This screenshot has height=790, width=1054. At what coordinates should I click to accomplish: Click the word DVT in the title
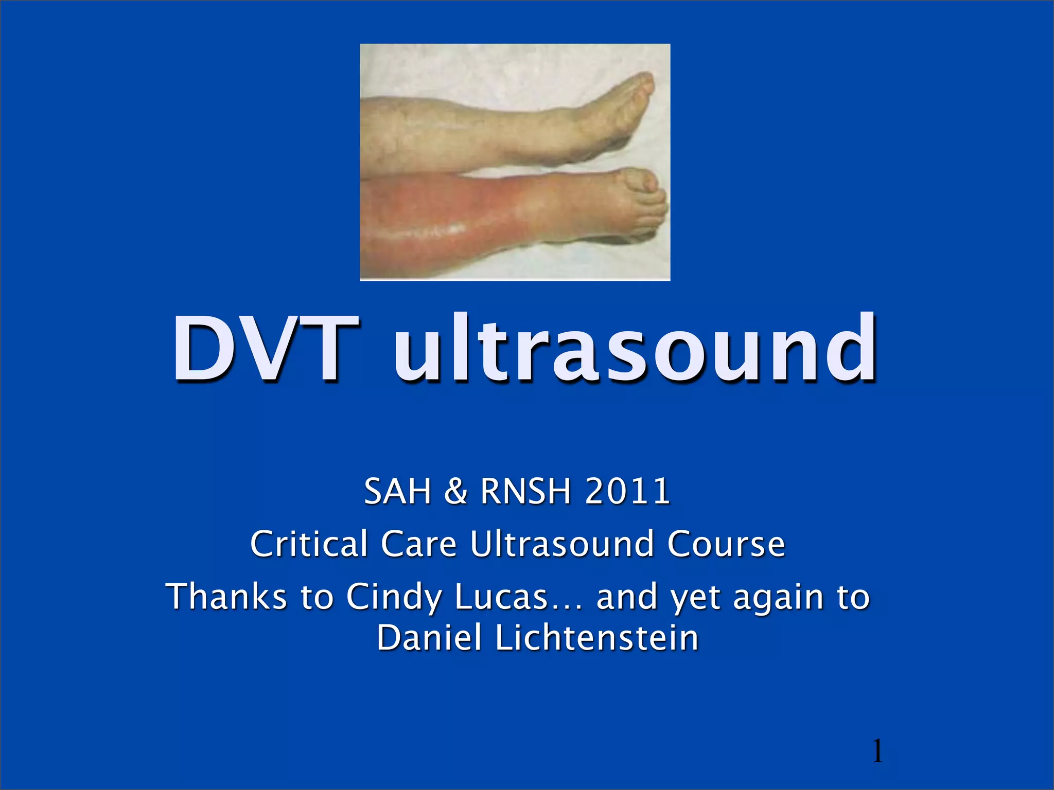coord(266,349)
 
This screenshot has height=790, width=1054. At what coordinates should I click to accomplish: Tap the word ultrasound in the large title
coord(635,349)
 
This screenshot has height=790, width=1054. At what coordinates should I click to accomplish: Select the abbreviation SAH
coord(397,491)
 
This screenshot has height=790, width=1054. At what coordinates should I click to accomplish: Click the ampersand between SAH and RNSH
coord(455,491)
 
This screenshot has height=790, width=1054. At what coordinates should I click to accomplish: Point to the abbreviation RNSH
coord(525,491)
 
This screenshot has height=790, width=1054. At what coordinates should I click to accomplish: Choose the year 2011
coord(627,491)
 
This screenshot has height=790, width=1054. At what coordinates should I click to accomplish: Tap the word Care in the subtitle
coord(418,544)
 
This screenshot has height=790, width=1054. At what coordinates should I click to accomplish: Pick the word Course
coord(726,544)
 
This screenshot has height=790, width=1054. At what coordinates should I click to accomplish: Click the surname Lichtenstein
coord(596,638)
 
